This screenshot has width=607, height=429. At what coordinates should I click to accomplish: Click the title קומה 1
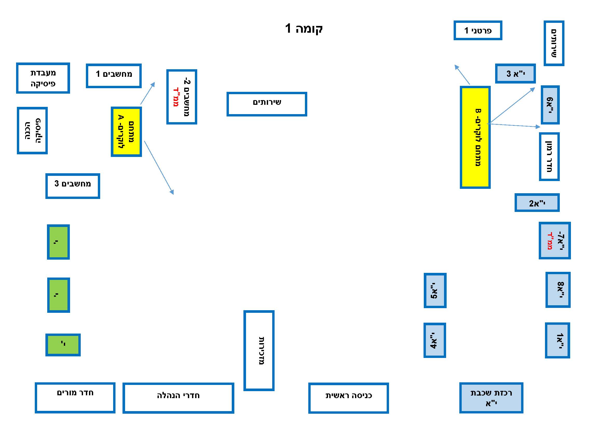[x=304, y=28]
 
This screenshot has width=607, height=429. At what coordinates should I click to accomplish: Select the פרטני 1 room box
[x=478, y=30]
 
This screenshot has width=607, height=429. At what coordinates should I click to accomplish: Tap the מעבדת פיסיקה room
[x=43, y=78]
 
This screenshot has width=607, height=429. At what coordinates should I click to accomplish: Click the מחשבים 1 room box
[x=114, y=75]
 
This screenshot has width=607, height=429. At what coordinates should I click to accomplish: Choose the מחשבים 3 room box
[x=73, y=186]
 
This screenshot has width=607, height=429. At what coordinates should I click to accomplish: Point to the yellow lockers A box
[x=126, y=132]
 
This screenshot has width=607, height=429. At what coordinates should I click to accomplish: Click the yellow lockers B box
[x=475, y=137]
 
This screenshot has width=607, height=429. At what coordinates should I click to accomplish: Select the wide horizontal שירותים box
[x=267, y=104]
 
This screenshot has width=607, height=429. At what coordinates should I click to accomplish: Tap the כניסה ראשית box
[x=349, y=398]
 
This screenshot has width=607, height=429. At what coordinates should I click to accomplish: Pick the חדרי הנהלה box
[x=178, y=398]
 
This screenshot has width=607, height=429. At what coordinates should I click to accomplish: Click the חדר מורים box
[x=75, y=398]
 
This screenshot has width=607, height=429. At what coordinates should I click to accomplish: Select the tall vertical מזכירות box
[x=259, y=351]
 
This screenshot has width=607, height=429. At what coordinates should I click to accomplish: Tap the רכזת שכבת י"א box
[x=491, y=398]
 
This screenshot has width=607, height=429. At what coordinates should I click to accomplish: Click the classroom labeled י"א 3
[x=515, y=73]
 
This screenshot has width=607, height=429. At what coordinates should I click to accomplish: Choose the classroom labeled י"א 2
[x=537, y=203]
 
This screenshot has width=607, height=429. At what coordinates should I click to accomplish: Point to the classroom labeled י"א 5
[x=435, y=290]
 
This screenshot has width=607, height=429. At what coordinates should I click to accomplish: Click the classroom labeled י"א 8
[x=558, y=290]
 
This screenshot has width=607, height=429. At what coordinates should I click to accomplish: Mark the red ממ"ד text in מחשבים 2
[x=175, y=97]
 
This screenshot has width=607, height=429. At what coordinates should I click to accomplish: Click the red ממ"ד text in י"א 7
[x=550, y=241]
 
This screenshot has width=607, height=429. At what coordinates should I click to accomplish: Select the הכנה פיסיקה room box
[x=32, y=130]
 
